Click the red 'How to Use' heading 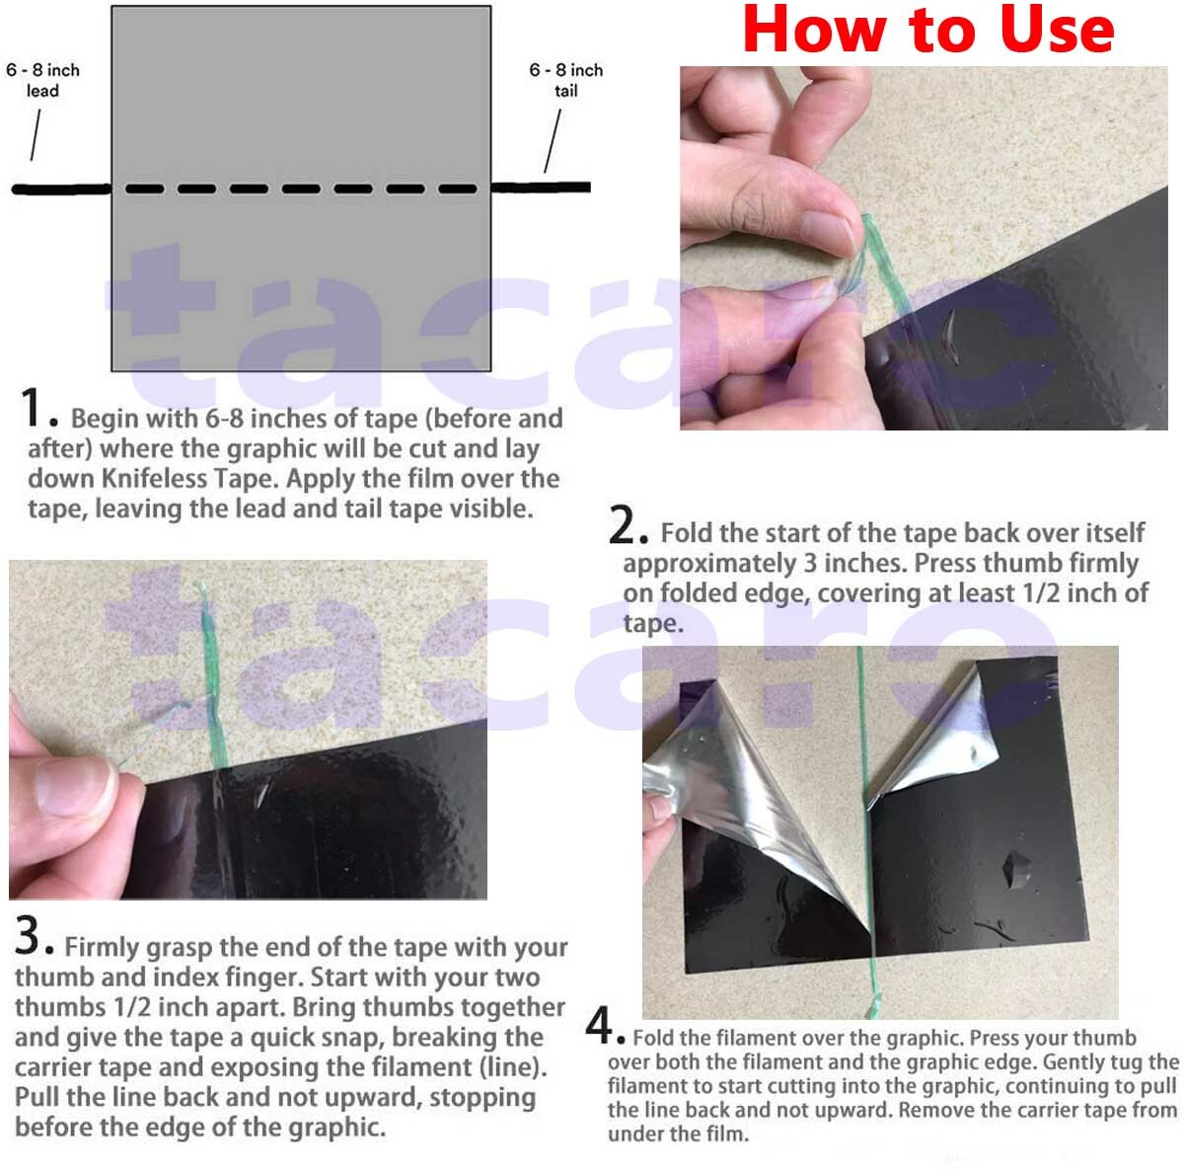tap(927, 32)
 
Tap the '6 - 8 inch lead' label tap(42, 80)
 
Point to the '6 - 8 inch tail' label tap(565, 80)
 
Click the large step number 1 tap(34, 407)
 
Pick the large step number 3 tap(28, 936)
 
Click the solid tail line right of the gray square tap(541, 187)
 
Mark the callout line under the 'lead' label tap(37, 135)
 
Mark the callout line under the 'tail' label tap(554, 140)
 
